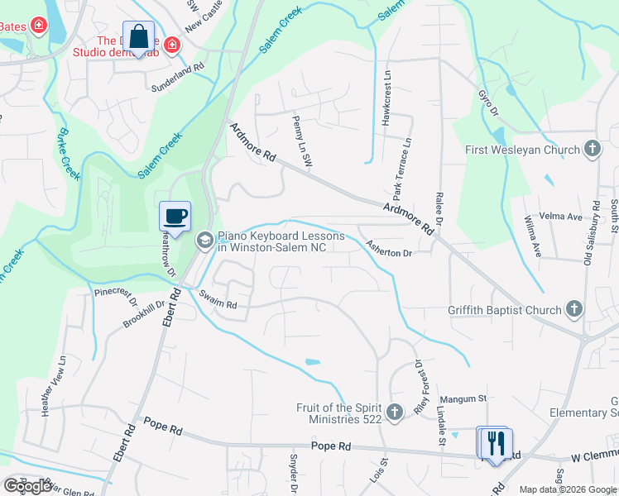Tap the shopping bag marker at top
pyautogui.click(x=139, y=37)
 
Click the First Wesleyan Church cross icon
pyautogui.click(x=592, y=150)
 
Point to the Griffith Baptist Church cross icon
pyautogui.click(x=575, y=310)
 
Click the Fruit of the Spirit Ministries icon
pyautogui.click(x=396, y=412)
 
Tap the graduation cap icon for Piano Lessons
pyautogui.click(x=204, y=241)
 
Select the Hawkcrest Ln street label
pyautogui.click(x=386, y=98)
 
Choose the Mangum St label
pyautogui.click(x=462, y=398)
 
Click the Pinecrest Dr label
pyautogui.click(x=115, y=292)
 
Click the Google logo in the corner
pyautogui.click(x=28, y=485)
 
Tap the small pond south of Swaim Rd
pyautogui.click(x=311, y=362)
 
